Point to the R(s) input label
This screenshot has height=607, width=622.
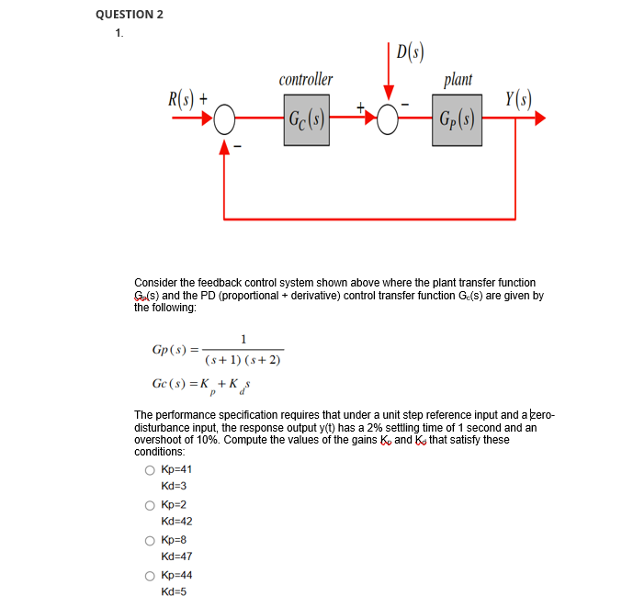click(x=181, y=96)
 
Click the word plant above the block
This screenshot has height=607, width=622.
click(x=458, y=80)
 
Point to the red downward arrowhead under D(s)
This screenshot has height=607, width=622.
click(x=389, y=93)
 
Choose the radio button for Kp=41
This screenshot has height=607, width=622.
click(x=149, y=469)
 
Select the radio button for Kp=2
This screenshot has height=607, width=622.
click(x=149, y=505)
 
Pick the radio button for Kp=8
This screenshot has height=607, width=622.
click(x=149, y=540)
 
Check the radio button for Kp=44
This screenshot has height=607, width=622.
click(x=149, y=576)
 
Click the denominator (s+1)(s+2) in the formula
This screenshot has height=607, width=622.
click(x=243, y=360)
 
